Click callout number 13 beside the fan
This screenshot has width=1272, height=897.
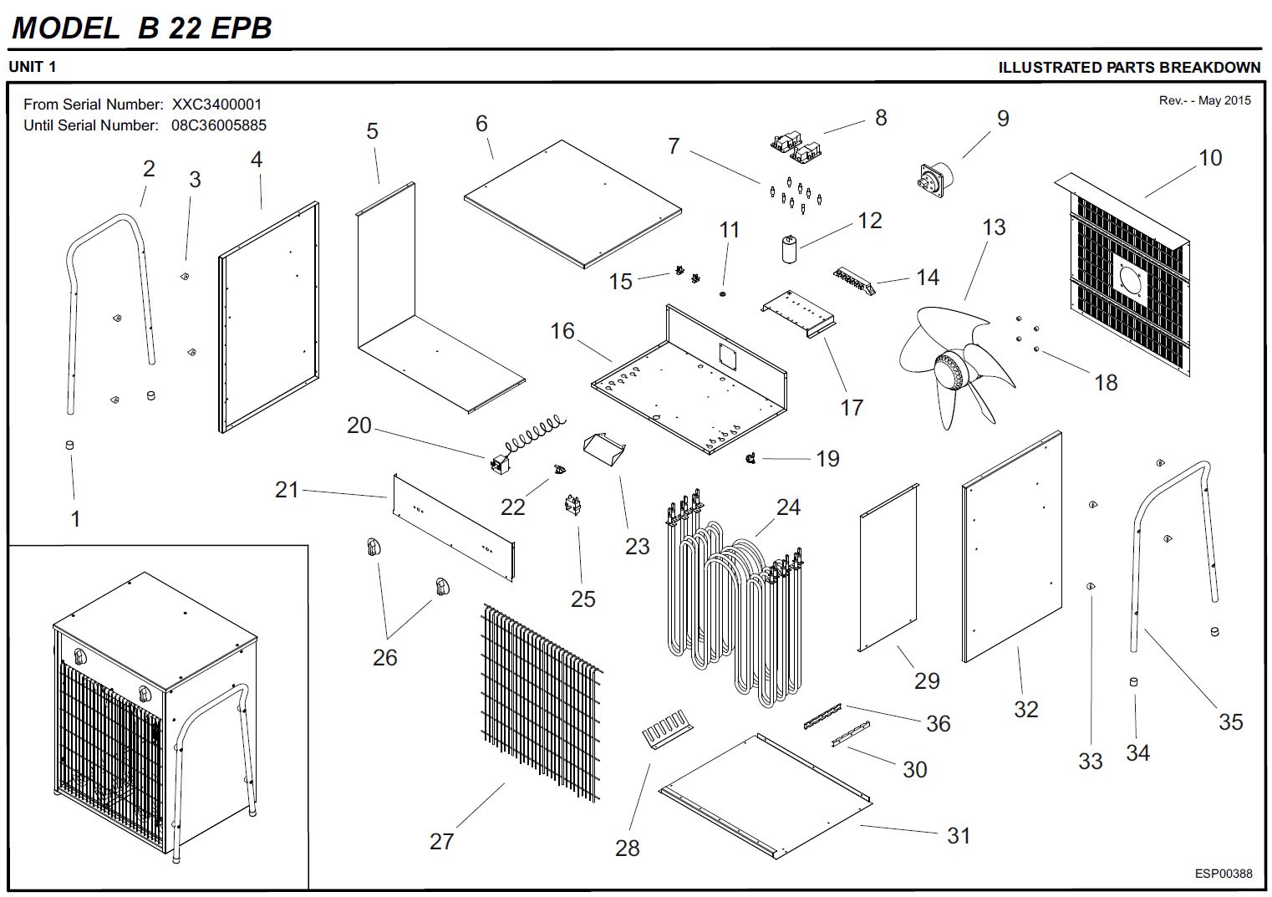[994, 227]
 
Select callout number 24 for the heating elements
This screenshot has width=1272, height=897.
[788, 507]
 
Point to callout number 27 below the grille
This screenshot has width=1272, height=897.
[441, 841]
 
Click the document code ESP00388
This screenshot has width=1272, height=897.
[1224, 874]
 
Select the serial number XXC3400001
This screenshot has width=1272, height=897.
[216, 104]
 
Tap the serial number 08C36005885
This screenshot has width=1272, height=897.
[219, 125]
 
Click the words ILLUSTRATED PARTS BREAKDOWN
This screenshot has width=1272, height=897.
[1129, 68]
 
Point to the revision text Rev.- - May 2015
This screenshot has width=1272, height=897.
[1204, 100]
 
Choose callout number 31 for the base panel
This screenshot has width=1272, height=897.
[959, 835]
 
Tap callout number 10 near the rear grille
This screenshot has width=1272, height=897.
[1210, 158]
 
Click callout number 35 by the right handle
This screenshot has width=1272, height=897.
[1230, 721]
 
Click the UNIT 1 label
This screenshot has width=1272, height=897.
[33, 67]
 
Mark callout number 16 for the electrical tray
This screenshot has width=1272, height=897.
[562, 331]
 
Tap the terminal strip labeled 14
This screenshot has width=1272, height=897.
[852, 278]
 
